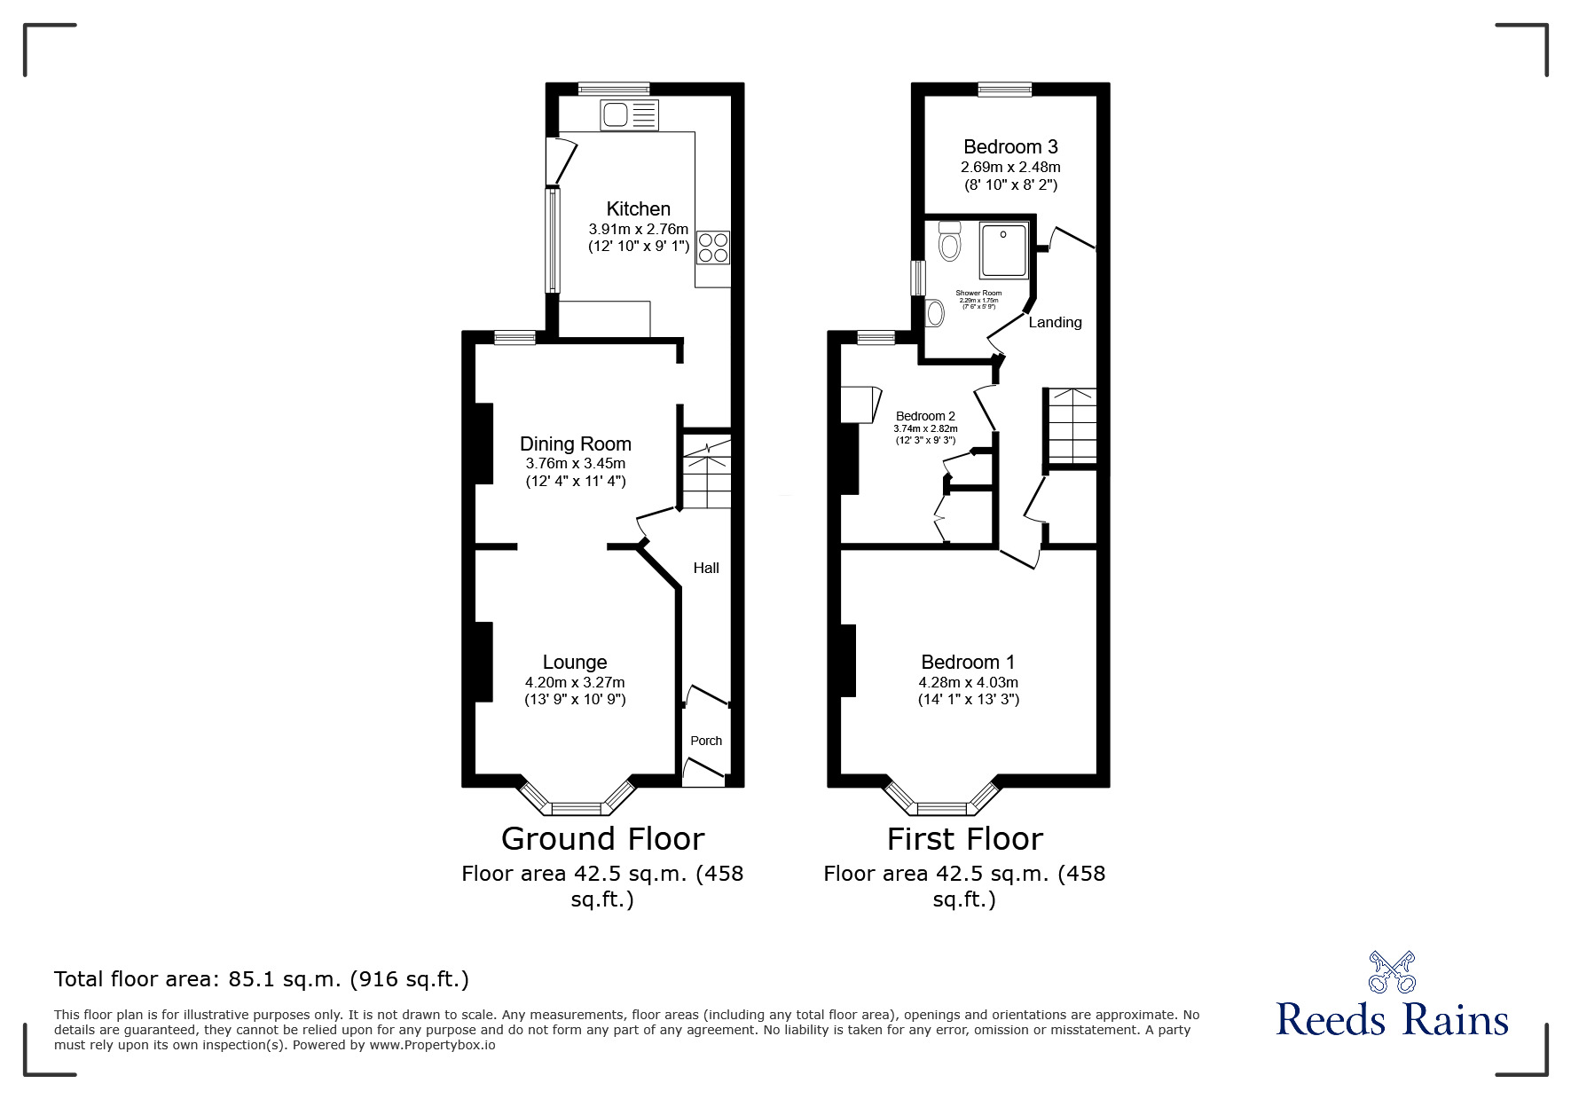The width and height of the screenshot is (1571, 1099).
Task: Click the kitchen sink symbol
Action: tap(630, 114)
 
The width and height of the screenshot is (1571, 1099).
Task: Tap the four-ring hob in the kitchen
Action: tap(713, 247)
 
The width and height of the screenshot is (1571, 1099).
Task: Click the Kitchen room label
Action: tap(638, 209)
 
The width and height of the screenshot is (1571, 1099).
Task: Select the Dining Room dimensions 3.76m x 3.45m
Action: tap(575, 463)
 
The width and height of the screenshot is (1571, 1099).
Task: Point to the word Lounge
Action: tap(575, 662)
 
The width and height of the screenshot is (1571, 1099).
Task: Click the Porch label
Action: tap(706, 741)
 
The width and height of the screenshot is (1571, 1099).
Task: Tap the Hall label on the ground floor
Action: tap(706, 568)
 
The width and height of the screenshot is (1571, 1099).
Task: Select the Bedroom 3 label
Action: tap(1010, 147)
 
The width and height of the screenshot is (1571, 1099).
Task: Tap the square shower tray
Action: tap(1004, 249)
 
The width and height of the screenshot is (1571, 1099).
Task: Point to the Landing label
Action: tap(1055, 323)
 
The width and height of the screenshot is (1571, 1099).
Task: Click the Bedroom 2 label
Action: tap(925, 416)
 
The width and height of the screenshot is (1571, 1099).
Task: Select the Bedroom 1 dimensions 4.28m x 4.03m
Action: tap(968, 682)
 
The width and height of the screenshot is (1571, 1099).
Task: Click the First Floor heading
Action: tap(965, 838)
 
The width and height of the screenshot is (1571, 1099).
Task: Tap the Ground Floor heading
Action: tap(602, 838)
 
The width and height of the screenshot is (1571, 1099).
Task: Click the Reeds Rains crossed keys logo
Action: tap(1392, 971)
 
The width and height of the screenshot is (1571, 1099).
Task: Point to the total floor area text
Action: tap(262, 979)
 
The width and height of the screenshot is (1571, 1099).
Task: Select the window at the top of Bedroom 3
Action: tap(1005, 89)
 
